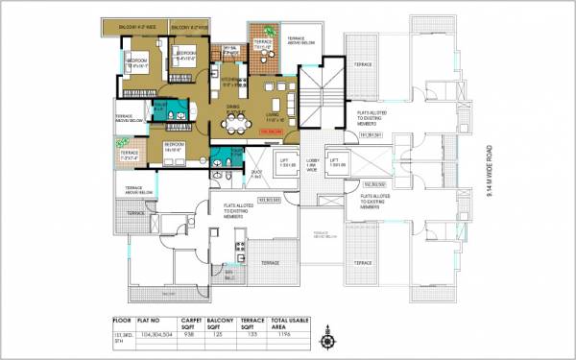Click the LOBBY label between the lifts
[x=310, y=164]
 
